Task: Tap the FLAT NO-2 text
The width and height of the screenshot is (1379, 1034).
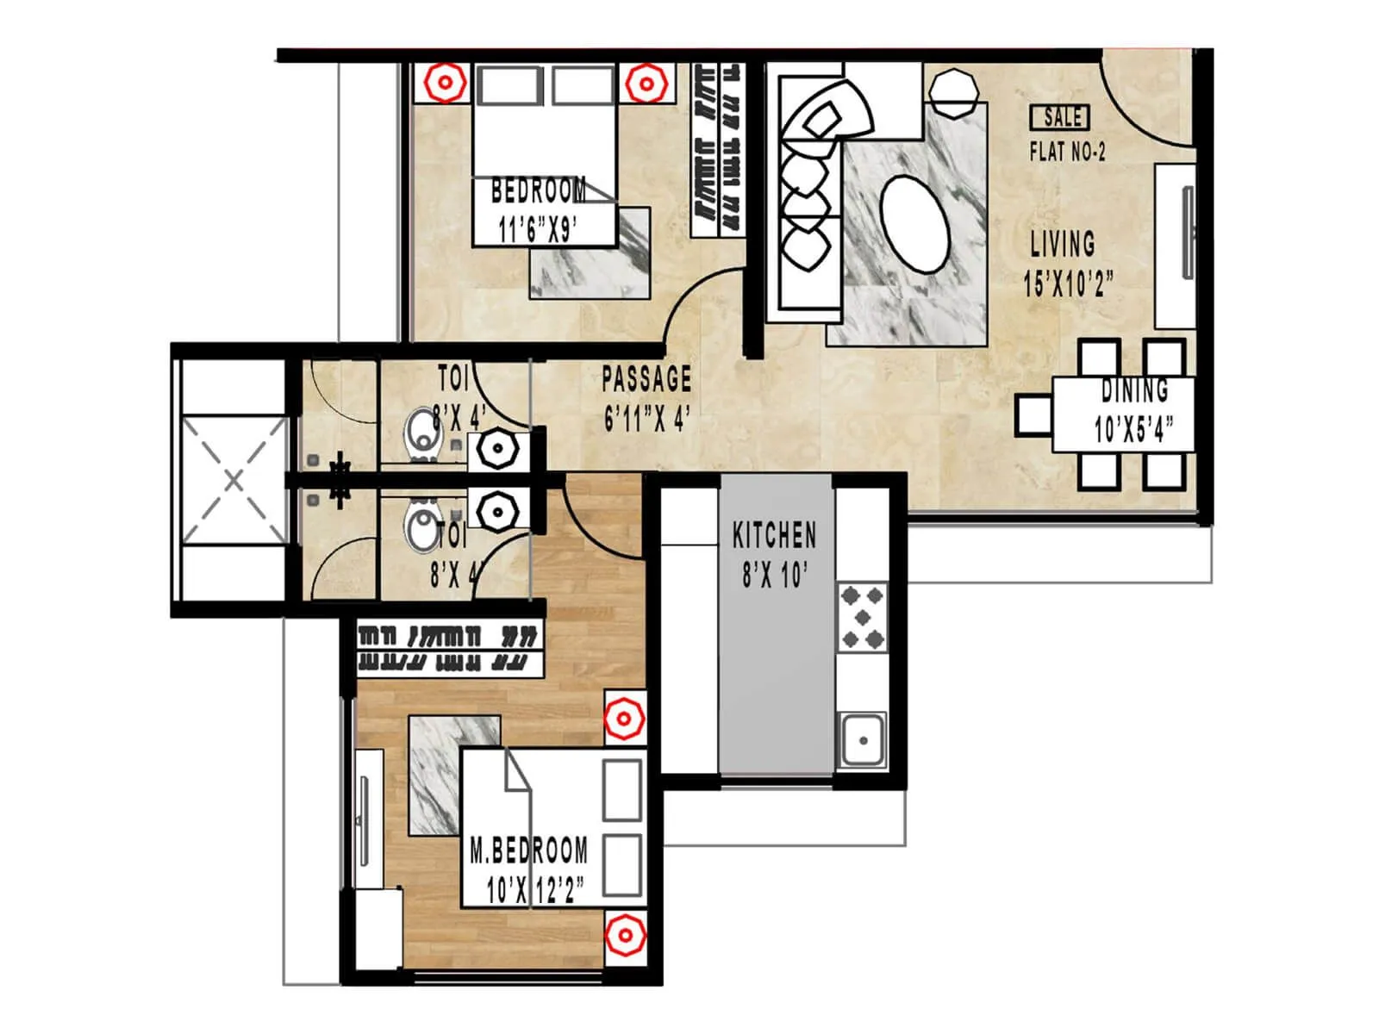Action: pyautogui.click(x=1067, y=153)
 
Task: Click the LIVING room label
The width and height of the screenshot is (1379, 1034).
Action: pyautogui.click(x=1063, y=244)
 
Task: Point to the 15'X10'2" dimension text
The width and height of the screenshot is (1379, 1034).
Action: pyautogui.click(x=1068, y=283)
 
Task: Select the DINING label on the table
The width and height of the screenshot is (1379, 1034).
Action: pyautogui.click(x=1134, y=390)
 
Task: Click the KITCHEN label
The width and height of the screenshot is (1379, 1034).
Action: pyautogui.click(x=774, y=535)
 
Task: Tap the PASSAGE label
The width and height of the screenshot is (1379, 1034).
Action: pyautogui.click(x=646, y=379)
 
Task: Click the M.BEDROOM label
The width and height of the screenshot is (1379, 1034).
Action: pyautogui.click(x=529, y=851)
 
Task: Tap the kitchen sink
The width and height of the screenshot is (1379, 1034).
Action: pyautogui.click(x=862, y=739)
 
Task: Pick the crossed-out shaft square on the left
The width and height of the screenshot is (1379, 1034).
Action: pyautogui.click(x=234, y=480)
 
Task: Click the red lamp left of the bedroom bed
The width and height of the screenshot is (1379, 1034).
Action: pyautogui.click(x=445, y=84)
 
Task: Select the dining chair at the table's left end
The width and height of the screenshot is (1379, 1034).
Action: pyautogui.click(x=1033, y=414)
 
